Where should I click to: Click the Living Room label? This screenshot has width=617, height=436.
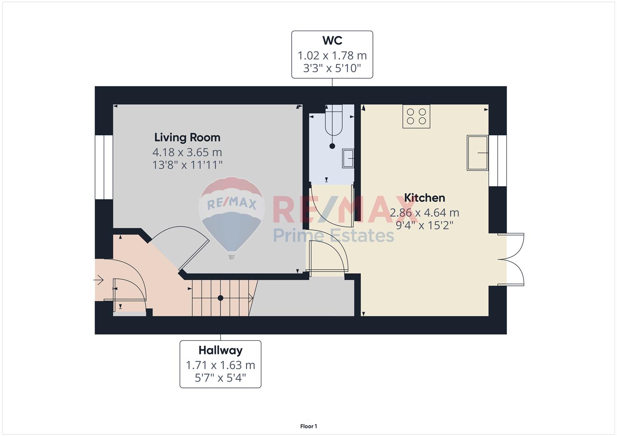tap(187, 137)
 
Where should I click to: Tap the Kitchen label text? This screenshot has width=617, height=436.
tap(424, 198)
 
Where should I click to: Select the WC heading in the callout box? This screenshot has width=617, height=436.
tap(332, 40)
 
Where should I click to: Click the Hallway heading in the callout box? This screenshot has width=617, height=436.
tap(220, 350)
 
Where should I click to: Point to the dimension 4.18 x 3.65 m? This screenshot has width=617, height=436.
tap(187, 152)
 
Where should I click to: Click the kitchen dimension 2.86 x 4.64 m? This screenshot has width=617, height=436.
tap(424, 212)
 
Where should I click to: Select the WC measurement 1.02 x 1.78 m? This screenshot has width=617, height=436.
tap(332, 56)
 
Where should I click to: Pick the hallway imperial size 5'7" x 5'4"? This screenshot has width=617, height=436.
tap(220, 378)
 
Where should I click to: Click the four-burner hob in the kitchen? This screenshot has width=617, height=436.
tap(416, 116)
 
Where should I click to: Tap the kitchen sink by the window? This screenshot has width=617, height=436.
tap(478, 153)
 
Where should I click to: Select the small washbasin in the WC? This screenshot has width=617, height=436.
tap(348, 158)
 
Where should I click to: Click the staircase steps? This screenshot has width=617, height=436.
tap(225, 298)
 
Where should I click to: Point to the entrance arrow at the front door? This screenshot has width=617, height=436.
tap(98, 281)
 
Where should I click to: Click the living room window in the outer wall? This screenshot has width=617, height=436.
tap(104, 167)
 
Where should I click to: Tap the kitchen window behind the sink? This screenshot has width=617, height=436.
tap(498, 161)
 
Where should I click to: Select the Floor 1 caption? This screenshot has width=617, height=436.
tap(309, 426)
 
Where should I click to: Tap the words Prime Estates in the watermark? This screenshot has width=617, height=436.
tap(333, 235)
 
